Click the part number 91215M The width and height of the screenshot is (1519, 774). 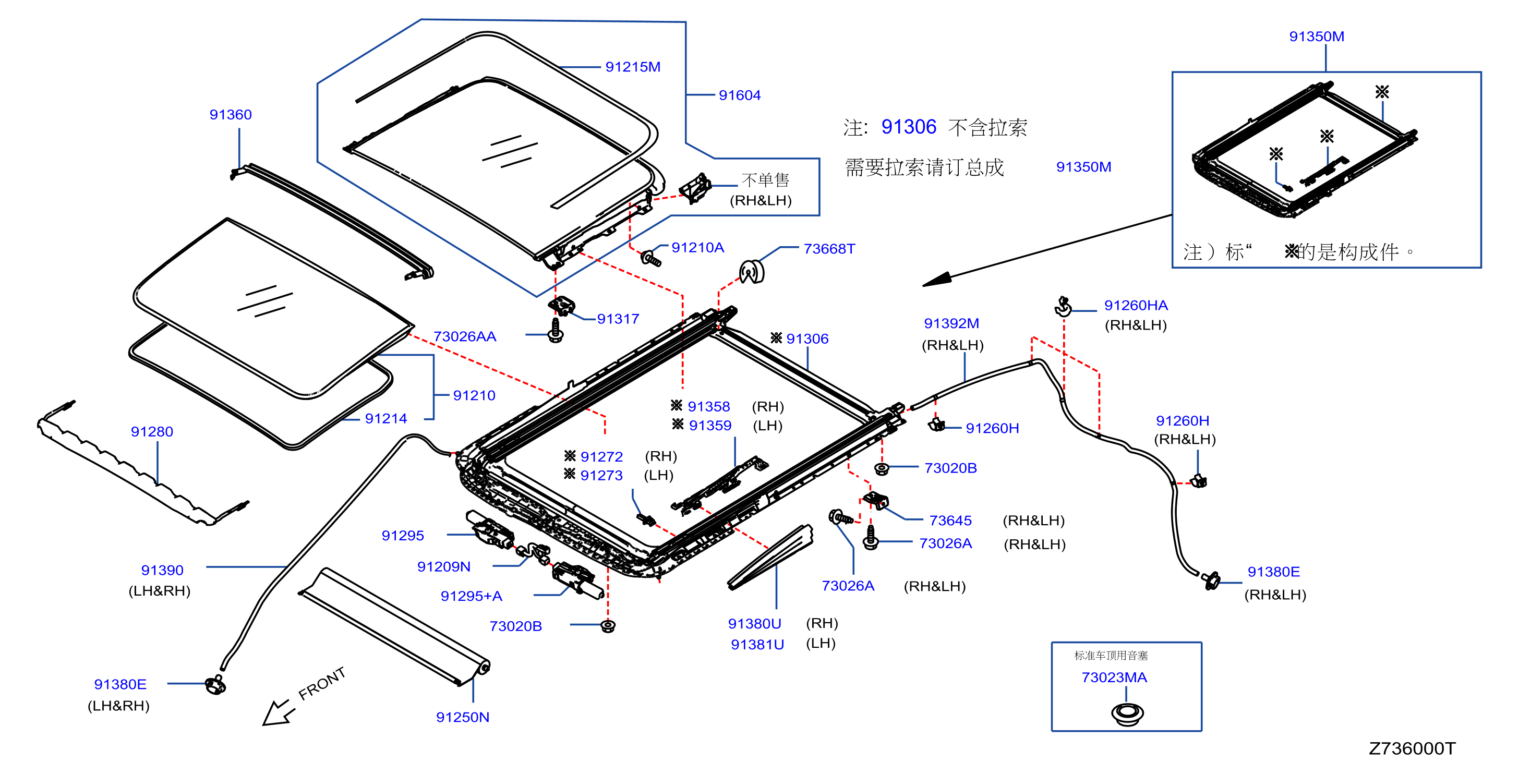pos(633,67)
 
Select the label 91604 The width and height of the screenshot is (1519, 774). pos(740,95)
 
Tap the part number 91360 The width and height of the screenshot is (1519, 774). pos(231,115)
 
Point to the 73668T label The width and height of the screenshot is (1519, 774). pos(829,249)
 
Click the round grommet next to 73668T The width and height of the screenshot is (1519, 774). pos(752,272)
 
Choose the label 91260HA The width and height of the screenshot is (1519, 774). pos(1136,305)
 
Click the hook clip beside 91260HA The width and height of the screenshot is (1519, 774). pos(1063,307)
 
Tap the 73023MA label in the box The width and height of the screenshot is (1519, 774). pos(1114,678)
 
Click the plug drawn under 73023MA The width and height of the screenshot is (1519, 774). pos(1127,715)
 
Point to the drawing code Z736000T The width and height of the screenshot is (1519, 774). pos(1412,748)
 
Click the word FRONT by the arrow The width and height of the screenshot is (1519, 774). pos(321,684)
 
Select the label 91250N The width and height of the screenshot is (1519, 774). pos(462,717)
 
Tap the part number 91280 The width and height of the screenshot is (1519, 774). pos(152,432)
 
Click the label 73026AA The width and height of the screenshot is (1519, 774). pos(465,336)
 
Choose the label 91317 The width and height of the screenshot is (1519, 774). pos(618,319)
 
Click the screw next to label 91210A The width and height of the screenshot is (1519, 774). pos(651,258)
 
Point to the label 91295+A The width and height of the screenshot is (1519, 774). pos(471,596)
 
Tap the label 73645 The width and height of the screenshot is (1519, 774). pos(950,521)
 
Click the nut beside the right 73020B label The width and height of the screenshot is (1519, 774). pos(882,469)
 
